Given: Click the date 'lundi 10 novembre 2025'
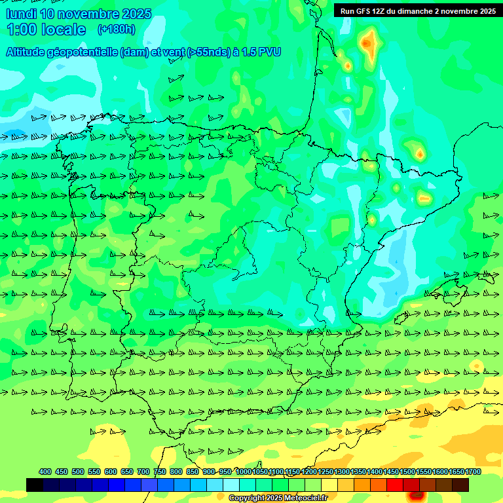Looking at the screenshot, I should point(79,14).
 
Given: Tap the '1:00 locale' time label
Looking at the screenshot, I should point(47,29).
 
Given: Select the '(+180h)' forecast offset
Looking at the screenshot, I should point(116,29).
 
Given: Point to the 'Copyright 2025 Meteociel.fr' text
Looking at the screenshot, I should point(278,498).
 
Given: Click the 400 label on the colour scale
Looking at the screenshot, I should point(45,472).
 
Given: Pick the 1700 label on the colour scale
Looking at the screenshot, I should point(473,472).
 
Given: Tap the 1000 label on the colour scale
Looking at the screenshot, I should point(244,472).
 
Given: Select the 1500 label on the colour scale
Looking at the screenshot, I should point(407,472).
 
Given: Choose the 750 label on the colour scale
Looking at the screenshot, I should point(160,472).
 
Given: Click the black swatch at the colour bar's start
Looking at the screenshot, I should point(35,485).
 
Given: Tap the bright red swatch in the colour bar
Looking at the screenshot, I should point(395,485).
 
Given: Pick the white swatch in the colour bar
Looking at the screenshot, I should point(231,485).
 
